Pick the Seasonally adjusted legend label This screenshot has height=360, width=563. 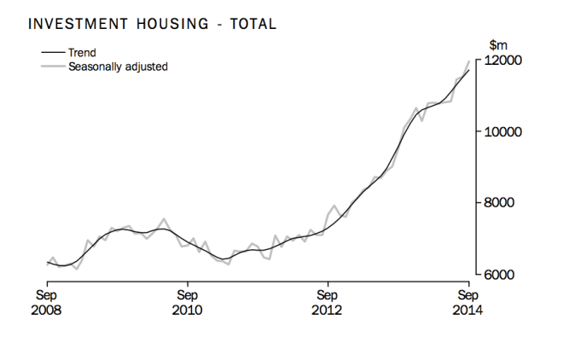click(x=118, y=66)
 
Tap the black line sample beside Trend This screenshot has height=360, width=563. click(x=52, y=52)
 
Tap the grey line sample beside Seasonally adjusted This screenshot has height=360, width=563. click(x=52, y=66)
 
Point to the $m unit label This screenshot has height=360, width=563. click(x=497, y=44)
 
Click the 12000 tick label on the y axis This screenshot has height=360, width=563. click(x=503, y=61)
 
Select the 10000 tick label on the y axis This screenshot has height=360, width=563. click(x=503, y=132)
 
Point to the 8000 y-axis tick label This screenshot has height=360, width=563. click(x=501, y=203)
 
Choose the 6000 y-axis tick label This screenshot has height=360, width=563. click(x=501, y=275)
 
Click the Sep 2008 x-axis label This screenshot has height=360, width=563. click(x=47, y=302)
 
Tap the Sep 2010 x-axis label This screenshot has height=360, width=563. click(x=187, y=302)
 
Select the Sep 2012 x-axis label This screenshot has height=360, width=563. click(x=327, y=302)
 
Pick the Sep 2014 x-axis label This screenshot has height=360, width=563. click(x=467, y=302)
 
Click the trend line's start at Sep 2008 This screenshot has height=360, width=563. click(x=47, y=263)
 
